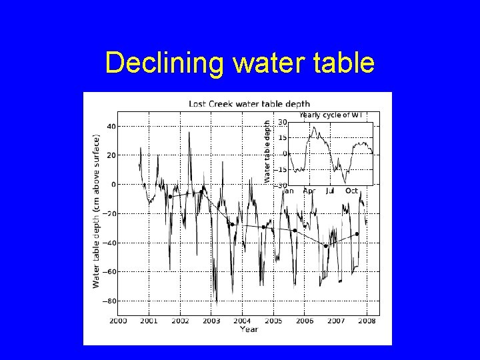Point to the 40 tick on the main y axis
(x=110, y=126)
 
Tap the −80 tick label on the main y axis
(x=108, y=301)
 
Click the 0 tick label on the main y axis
(x=113, y=184)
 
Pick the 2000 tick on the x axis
(x=117, y=321)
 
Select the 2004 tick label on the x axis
(x=242, y=321)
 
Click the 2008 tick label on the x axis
(x=366, y=321)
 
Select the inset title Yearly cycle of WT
(x=331, y=115)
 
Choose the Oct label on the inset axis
(x=352, y=191)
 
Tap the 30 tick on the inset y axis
(x=282, y=122)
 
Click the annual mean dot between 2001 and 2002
(x=170, y=197)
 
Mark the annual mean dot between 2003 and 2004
(x=232, y=225)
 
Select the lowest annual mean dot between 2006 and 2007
(x=326, y=246)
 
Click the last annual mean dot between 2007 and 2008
(x=357, y=234)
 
